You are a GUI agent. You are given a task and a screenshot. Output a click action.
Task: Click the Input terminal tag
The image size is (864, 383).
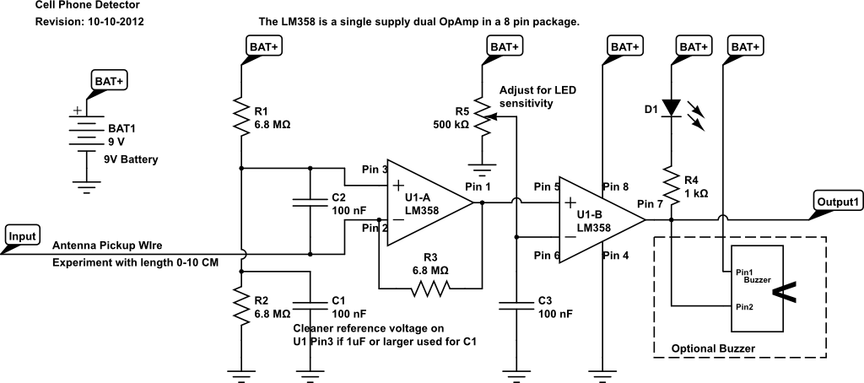(x=23, y=236)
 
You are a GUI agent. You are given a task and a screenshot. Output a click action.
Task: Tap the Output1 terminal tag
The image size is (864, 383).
(x=838, y=202)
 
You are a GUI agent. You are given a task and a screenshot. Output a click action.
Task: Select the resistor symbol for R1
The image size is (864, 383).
(x=242, y=116)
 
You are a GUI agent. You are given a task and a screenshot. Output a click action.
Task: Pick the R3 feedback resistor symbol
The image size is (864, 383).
(x=429, y=288)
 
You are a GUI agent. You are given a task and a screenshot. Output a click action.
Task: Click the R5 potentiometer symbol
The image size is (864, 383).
(x=485, y=116)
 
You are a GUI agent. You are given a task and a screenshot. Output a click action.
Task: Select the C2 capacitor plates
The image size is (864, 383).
(x=310, y=202)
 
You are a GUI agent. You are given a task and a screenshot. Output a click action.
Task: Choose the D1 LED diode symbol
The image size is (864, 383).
(x=672, y=108)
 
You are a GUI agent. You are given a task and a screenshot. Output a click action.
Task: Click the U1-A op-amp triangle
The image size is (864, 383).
(x=429, y=202)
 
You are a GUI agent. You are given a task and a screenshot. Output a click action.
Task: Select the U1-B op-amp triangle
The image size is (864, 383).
(x=602, y=220)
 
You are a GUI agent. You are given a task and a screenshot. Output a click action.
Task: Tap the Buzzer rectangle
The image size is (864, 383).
(x=757, y=289)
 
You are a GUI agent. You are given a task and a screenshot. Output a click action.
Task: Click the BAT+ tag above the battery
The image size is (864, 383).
(x=109, y=81)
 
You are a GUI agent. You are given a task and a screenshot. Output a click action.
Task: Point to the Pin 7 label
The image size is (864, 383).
(x=651, y=204)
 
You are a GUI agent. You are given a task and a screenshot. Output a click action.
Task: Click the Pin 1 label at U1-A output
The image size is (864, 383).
(x=478, y=186)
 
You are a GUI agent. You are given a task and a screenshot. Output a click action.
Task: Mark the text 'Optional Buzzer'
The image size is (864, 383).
(x=713, y=348)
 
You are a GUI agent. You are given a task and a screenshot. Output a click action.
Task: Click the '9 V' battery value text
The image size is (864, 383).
(x=116, y=143)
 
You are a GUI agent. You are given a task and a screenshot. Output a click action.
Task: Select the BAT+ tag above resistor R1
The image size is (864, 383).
(x=263, y=47)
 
